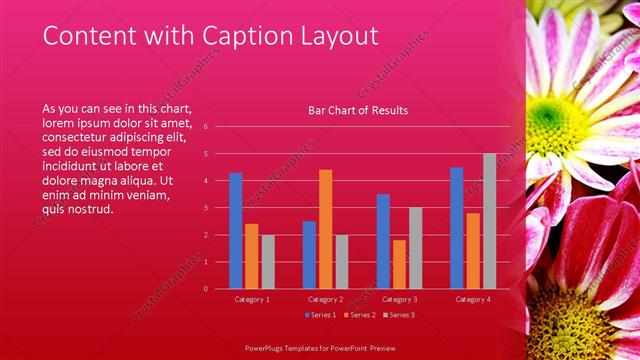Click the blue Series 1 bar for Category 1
(x=235, y=231)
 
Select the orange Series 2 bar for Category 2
(x=325, y=229)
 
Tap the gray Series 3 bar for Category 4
(x=489, y=221)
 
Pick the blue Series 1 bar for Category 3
(x=383, y=241)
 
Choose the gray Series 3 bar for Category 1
(x=267, y=261)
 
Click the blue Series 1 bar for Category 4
(x=457, y=228)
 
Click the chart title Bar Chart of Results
(x=358, y=110)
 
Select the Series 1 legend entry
(x=321, y=315)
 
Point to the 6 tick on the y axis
(x=205, y=127)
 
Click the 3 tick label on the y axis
(x=205, y=208)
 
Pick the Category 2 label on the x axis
(x=325, y=299)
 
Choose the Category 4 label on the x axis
(x=473, y=299)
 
